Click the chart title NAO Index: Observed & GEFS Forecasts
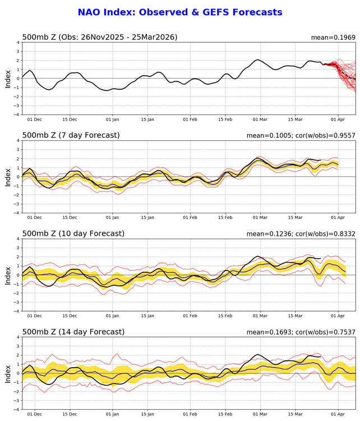(x=179, y=12)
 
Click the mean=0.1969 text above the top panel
(x=333, y=38)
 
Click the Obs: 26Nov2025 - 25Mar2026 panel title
(x=100, y=37)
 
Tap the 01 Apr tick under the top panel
(x=338, y=120)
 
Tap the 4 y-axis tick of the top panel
(x=17, y=43)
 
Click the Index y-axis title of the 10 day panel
(x=8, y=275)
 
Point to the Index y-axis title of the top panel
(x=8, y=79)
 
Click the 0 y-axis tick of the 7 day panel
(x=17, y=177)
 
